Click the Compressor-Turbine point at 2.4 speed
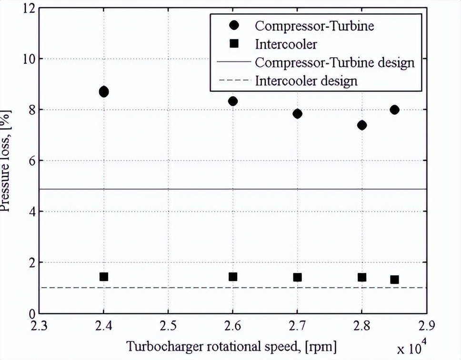coord(104,91)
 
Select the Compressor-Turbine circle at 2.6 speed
coord(233,101)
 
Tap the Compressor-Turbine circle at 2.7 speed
coord(298,114)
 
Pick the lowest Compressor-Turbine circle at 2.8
coord(362,125)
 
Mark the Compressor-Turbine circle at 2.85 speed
coord(394,110)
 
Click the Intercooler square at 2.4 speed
coord(104,277)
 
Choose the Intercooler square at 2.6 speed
coord(233,277)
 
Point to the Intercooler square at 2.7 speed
coord(298,277)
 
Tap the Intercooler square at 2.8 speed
coord(362,277)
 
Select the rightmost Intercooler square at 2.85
coord(394,280)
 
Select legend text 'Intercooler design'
coord(306,80)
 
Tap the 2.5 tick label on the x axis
coord(168,326)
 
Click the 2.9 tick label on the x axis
coord(426,326)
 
